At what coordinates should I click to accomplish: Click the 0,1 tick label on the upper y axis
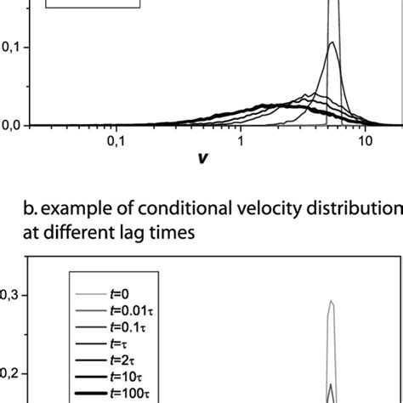11,48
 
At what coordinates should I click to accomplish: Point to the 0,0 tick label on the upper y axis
11,125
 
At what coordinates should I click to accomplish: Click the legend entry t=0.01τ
120,314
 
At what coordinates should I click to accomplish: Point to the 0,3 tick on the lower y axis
11,295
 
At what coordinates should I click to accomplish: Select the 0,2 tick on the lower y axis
11,372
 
